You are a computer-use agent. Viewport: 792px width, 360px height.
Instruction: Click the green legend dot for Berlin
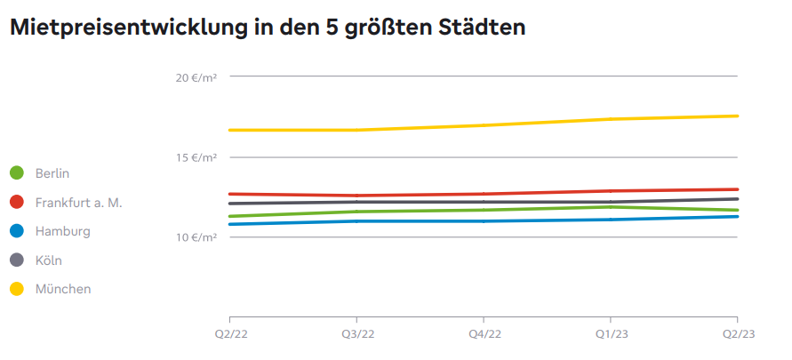tap(16, 173)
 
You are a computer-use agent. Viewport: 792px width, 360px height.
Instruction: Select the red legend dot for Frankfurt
tap(16, 203)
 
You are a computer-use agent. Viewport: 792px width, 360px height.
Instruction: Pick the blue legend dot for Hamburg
tap(16, 231)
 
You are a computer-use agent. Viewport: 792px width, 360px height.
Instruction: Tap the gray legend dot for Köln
tap(16, 260)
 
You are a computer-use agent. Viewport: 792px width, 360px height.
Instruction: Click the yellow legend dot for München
tap(16, 289)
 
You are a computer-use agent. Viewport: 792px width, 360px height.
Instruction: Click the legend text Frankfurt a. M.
tap(78, 203)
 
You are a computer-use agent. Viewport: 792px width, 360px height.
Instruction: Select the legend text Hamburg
tap(62, 231)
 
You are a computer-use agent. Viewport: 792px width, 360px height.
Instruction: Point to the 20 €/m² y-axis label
tap(196, 78)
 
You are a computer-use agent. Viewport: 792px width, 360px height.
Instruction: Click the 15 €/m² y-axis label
tap(196, 158)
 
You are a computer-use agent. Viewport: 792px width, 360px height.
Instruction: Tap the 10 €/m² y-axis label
tap(196, 237)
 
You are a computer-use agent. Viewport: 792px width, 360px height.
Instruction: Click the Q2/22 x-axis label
tap(229, 333)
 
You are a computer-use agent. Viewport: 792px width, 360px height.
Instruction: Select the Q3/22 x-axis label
tap(356, 333)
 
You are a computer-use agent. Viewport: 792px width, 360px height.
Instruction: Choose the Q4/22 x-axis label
tap(484, 333)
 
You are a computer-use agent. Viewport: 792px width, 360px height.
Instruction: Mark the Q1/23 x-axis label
tap(610, 333)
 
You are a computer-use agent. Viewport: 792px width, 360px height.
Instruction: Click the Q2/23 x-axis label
tap(737, 333)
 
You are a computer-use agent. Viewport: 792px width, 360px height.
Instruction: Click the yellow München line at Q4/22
tap(484, 125)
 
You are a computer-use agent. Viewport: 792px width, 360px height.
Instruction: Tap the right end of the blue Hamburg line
tap(736, 216)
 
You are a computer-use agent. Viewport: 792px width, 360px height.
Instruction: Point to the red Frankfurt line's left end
tap(231, 194)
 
